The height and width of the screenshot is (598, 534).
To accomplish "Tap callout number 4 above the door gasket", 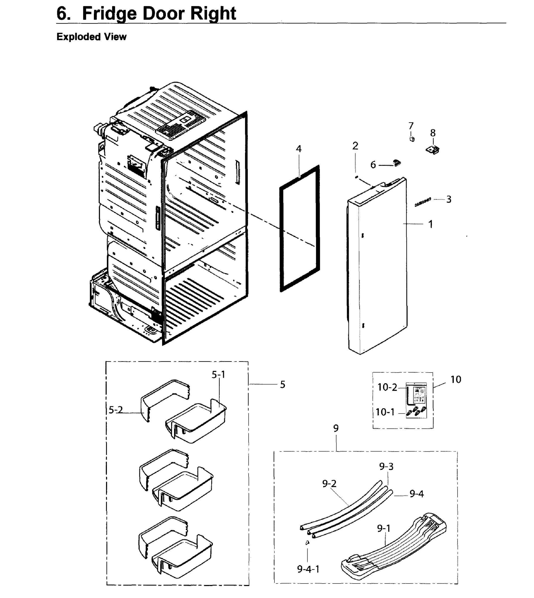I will pos(298,149).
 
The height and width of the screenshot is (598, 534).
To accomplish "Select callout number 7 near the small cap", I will pos(411,126).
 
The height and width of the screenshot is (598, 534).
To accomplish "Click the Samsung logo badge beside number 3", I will pos(422,202).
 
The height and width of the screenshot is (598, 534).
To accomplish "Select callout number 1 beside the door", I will pos(430,224).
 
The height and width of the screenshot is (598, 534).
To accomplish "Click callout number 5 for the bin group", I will pos(282,384).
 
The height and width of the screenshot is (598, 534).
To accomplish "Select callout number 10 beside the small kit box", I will pos(456,379).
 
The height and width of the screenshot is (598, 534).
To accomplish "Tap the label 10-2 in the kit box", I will pos(387,387).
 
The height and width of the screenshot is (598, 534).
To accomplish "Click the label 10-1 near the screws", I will pos(385,412).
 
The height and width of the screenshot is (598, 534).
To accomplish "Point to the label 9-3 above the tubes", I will pos(386,466).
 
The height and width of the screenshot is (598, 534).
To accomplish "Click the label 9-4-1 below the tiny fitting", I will pos(308,569).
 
